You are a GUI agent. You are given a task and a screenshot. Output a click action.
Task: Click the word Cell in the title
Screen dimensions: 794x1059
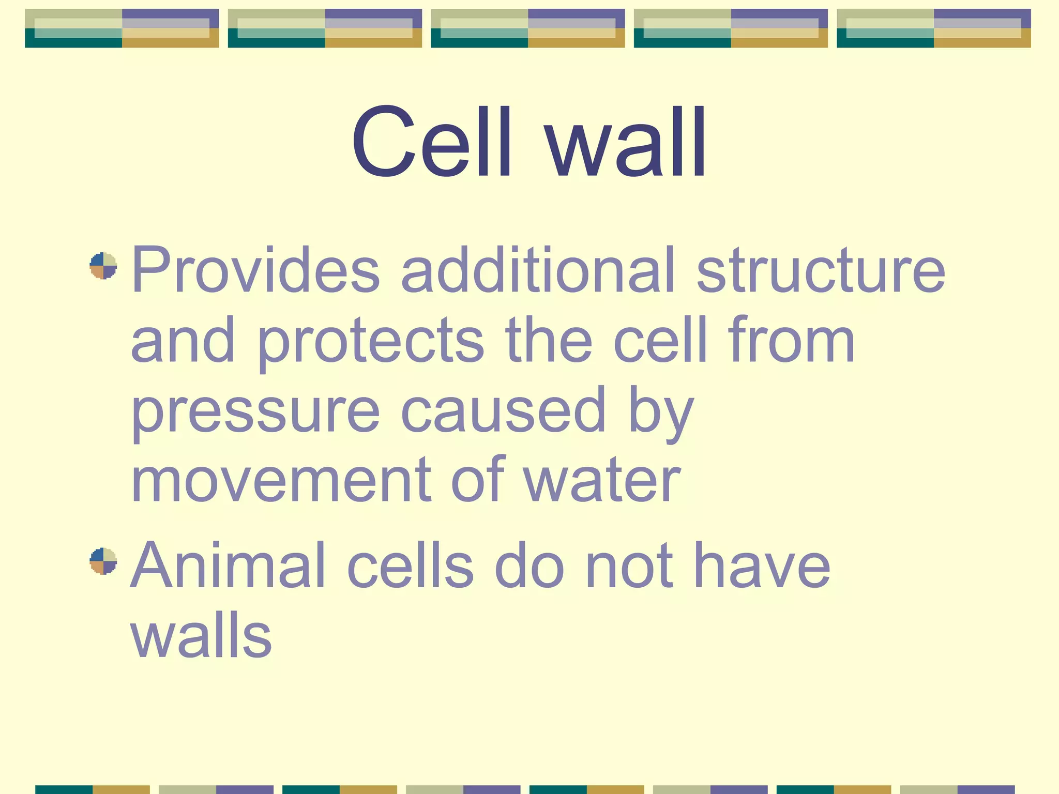coord(432,142)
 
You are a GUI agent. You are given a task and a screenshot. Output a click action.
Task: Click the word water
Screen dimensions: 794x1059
coord(601,481)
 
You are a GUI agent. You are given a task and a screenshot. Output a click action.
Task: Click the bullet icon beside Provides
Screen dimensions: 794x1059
coord(103,266)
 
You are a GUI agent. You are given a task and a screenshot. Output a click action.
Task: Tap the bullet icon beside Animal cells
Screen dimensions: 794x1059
coord(103,561)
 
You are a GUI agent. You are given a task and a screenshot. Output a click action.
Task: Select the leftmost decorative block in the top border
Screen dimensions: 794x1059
coord(122,28)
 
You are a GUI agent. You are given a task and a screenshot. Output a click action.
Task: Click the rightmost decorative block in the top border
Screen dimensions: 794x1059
coord(933,28)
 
